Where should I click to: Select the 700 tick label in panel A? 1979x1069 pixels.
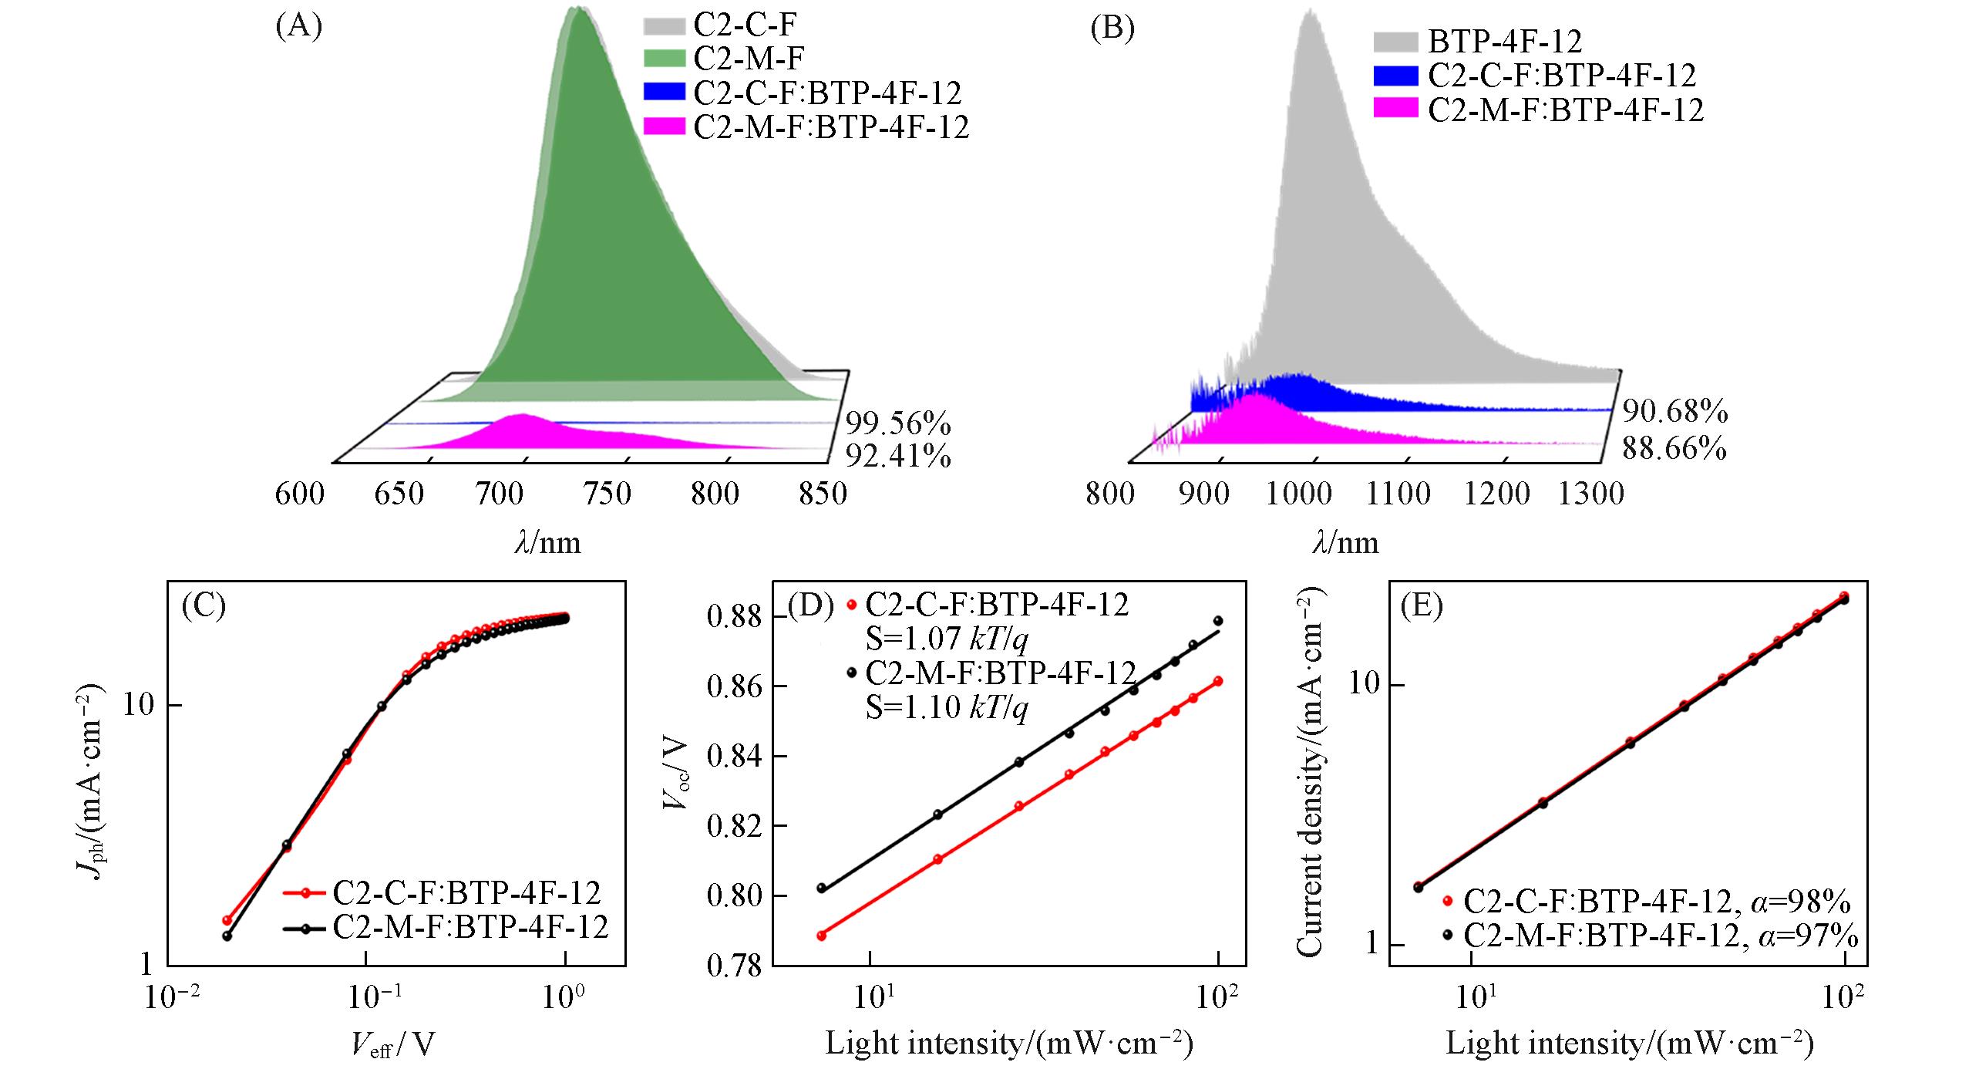pyautogui.click(x=509, y=494)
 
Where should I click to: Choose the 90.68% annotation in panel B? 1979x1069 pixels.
pyautogui.click(x=1675, y=413)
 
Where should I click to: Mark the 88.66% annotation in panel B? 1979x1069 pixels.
pyautogui.click(x=1674, y=448)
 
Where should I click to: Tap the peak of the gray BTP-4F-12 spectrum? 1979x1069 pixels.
pyautogui.click(x=1309, y=11)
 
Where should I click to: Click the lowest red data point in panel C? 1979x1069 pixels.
pyautogui.click(x=227, y=920)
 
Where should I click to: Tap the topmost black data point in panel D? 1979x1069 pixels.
pyautogui.click(x=1218, y=621)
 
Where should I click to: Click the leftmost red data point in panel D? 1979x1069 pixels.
pyautogui.click(x=822, y=936)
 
